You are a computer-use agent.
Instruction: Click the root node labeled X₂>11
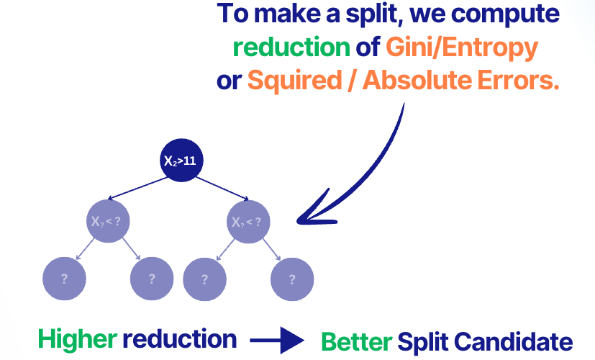coord(181,161)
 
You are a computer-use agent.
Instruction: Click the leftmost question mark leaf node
coord(65,279)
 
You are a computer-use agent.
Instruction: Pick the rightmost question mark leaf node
coord(292,279)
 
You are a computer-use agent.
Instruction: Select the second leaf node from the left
coord(152,279)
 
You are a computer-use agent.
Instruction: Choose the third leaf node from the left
coord(204,279)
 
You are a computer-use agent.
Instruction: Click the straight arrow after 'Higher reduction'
coord(278,338)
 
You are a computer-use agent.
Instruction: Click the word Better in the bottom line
coord(355,340)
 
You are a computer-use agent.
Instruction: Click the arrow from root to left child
coord(137,189)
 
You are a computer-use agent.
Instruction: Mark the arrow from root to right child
coord(220,188)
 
